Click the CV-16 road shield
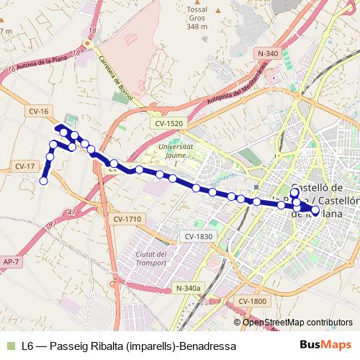click(40, 111)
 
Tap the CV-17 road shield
click(24, 166)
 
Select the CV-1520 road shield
click(168, 123)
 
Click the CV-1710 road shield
click(127, 219)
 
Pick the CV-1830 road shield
click(198, 236)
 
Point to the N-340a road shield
click(187, 288)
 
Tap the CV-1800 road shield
click(253, 301)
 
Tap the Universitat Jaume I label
click(176, 155)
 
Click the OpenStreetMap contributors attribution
click(297, 323)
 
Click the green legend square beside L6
click(10, 346)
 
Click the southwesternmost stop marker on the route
click(43, 181)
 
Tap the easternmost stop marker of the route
click(315, 210)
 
